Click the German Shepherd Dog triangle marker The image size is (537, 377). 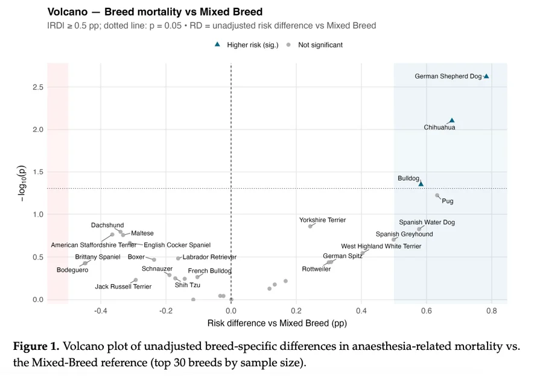coord(486,76)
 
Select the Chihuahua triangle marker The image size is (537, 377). coord(452,121)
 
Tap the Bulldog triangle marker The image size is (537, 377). coord(421,183)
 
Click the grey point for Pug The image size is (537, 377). coord(437,195)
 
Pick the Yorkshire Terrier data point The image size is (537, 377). coord(311,226)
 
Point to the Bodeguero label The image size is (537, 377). coord(72,270)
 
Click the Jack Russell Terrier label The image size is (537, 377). coord(123,287)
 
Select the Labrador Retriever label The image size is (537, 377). coord(209,257)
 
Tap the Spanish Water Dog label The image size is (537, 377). coord(427,223)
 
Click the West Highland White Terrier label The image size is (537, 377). coord(381,246)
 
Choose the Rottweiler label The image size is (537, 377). coord(316,269)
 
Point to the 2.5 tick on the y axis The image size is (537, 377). coord(37,87)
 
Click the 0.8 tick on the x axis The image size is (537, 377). coord(491,311)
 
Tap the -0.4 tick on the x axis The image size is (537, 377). coord(101,311)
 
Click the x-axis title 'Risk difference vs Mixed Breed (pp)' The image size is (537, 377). coord(277,323)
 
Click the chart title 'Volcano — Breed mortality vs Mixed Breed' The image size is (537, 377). coord(155,12)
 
